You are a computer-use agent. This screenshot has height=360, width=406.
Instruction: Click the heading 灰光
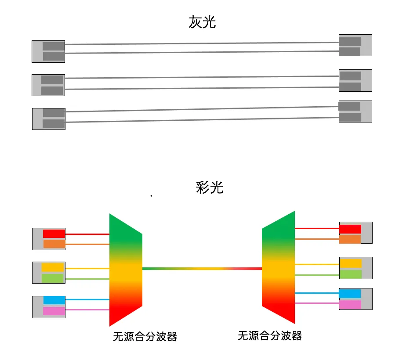point(202,22)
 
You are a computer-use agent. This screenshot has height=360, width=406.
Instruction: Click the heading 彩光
point(210,187)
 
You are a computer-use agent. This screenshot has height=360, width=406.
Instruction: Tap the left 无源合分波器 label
point(145,337)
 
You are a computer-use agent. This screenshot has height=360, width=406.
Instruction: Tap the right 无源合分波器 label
point(270,336)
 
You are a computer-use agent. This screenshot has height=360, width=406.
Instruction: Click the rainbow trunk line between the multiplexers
point(202,268)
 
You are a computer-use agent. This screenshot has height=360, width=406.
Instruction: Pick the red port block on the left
point(54,234)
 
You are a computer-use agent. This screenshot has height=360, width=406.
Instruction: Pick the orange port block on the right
point(350,239)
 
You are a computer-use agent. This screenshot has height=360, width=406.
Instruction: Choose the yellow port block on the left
point(53,267)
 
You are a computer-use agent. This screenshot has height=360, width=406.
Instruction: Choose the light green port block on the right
point(351,274)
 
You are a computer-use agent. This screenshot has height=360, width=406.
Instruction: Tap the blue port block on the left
point(54,300)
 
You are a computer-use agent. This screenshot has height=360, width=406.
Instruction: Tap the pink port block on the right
point(350,304)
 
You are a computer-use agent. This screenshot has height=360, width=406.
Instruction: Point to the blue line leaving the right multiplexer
point(316,293)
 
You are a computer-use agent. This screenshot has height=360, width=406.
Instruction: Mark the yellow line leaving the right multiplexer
point(316,264)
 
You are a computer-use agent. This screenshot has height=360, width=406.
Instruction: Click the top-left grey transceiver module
point(48,51)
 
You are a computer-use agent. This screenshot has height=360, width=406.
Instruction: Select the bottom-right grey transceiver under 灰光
point(355,112)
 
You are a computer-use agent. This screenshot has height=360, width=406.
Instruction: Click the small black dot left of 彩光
point(151,196)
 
